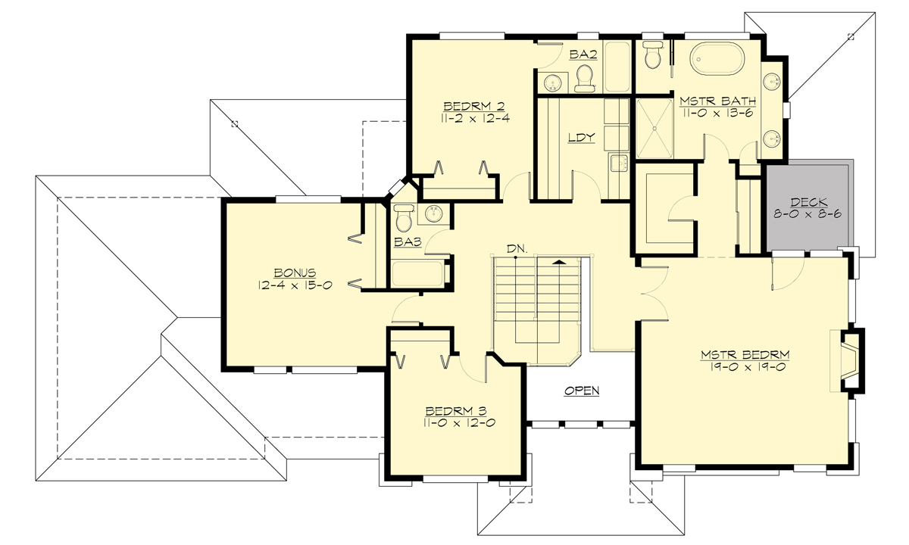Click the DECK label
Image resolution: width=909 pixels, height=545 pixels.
808,202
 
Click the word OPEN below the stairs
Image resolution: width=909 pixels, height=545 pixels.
582,391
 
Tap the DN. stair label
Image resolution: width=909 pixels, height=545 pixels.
517,248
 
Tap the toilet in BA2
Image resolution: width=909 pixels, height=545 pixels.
583,77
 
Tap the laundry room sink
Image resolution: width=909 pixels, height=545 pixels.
618,161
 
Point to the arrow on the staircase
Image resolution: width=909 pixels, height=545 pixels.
559,261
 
